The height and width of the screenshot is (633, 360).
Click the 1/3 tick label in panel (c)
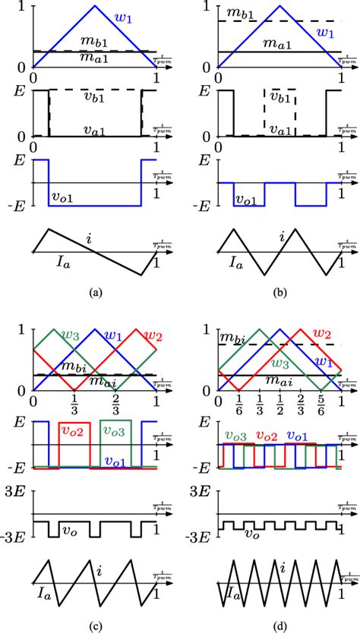74,402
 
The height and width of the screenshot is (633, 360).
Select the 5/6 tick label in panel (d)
322,402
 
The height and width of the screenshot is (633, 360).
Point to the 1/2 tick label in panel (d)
281,402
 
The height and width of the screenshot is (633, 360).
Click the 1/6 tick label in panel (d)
239,402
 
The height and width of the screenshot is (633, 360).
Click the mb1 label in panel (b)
225,14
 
